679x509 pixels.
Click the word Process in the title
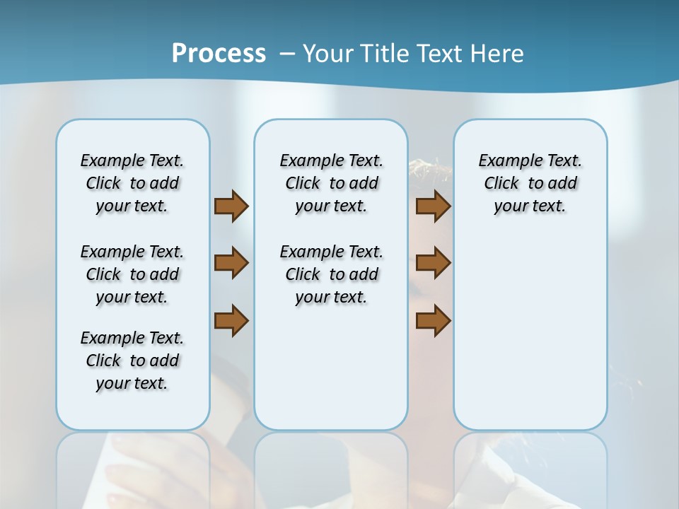point(219,54)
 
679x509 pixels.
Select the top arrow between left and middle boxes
point(231,206)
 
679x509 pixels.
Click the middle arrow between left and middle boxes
point(231,264)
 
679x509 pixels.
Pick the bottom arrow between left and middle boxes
point(231,320)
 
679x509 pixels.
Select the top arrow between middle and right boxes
point(433,206)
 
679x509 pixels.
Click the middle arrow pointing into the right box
point(433,264)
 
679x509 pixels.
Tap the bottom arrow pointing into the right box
point(433,320)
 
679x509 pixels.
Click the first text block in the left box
point(132,183)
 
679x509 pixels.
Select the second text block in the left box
point(132,274)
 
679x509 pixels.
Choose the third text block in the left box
point(132,361)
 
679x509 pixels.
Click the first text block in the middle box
point(331,183)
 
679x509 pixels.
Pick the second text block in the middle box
point(331,274)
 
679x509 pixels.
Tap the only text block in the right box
point(530,183)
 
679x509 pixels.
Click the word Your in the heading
point(328,54)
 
